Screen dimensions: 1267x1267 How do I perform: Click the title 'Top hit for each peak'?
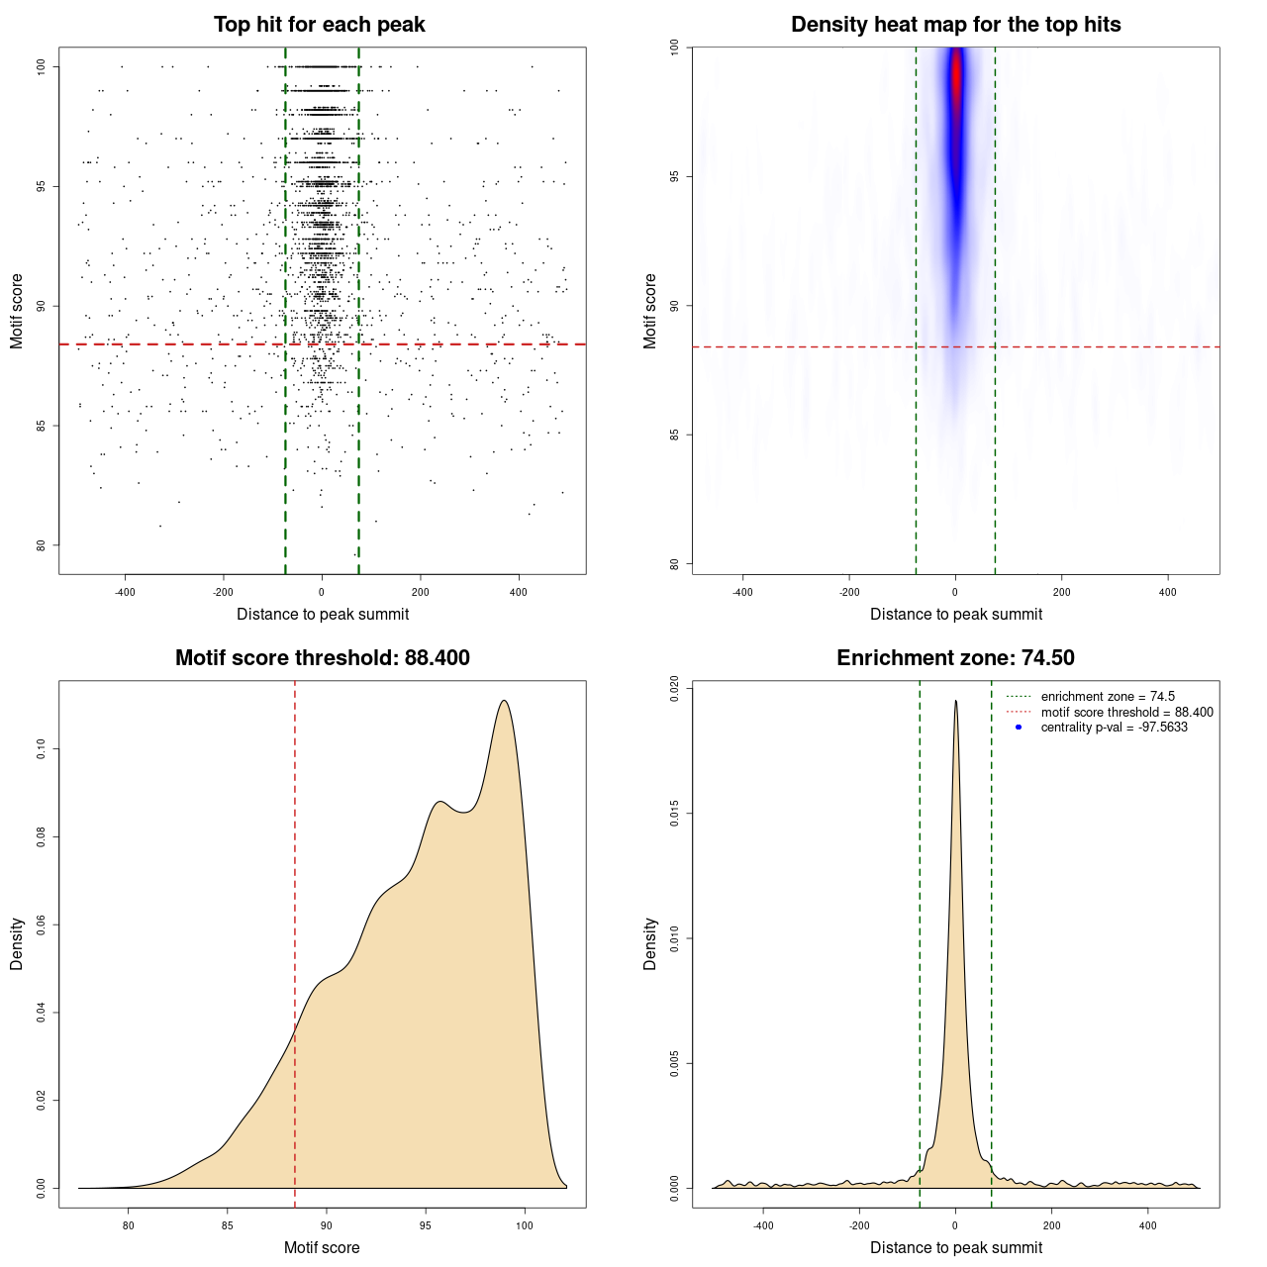(x=319, y=25)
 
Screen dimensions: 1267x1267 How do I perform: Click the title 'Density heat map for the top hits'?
(x=955, y=25)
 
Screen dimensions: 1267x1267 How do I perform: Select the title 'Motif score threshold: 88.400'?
(x=322, y=658)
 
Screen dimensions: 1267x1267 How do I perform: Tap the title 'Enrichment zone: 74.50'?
(x=955, y=658)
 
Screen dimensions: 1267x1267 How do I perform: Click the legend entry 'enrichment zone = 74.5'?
(x=1108, y=697)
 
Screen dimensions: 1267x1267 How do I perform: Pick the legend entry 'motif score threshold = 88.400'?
(x=1126, y=712)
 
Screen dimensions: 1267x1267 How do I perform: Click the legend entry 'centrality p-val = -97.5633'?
(x=1114, y=728)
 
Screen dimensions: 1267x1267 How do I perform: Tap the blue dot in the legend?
(x=1019, y=728)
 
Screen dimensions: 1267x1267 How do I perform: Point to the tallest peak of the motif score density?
(x=505, y=701)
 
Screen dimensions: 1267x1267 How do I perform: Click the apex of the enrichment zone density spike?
(x=955, y=701)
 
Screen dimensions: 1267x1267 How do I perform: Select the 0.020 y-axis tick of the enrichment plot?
(x=675, y=689)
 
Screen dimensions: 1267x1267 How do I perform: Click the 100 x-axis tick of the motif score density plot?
(x=525, y=1225)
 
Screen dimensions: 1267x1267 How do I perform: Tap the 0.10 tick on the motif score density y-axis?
(x=42, y=749)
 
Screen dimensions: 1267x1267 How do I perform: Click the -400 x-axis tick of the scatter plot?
(x=125, y=592)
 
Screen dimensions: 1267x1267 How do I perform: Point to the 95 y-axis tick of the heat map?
(x=675, y=176)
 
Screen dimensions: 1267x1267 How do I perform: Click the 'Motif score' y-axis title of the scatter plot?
(x=17, y=311)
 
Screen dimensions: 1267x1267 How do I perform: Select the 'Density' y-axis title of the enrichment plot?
(x=650, y=943)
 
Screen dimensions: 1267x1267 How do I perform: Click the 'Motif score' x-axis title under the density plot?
(x=322, y=1247)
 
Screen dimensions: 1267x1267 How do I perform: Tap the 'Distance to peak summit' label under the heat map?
(x=955, y=614)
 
